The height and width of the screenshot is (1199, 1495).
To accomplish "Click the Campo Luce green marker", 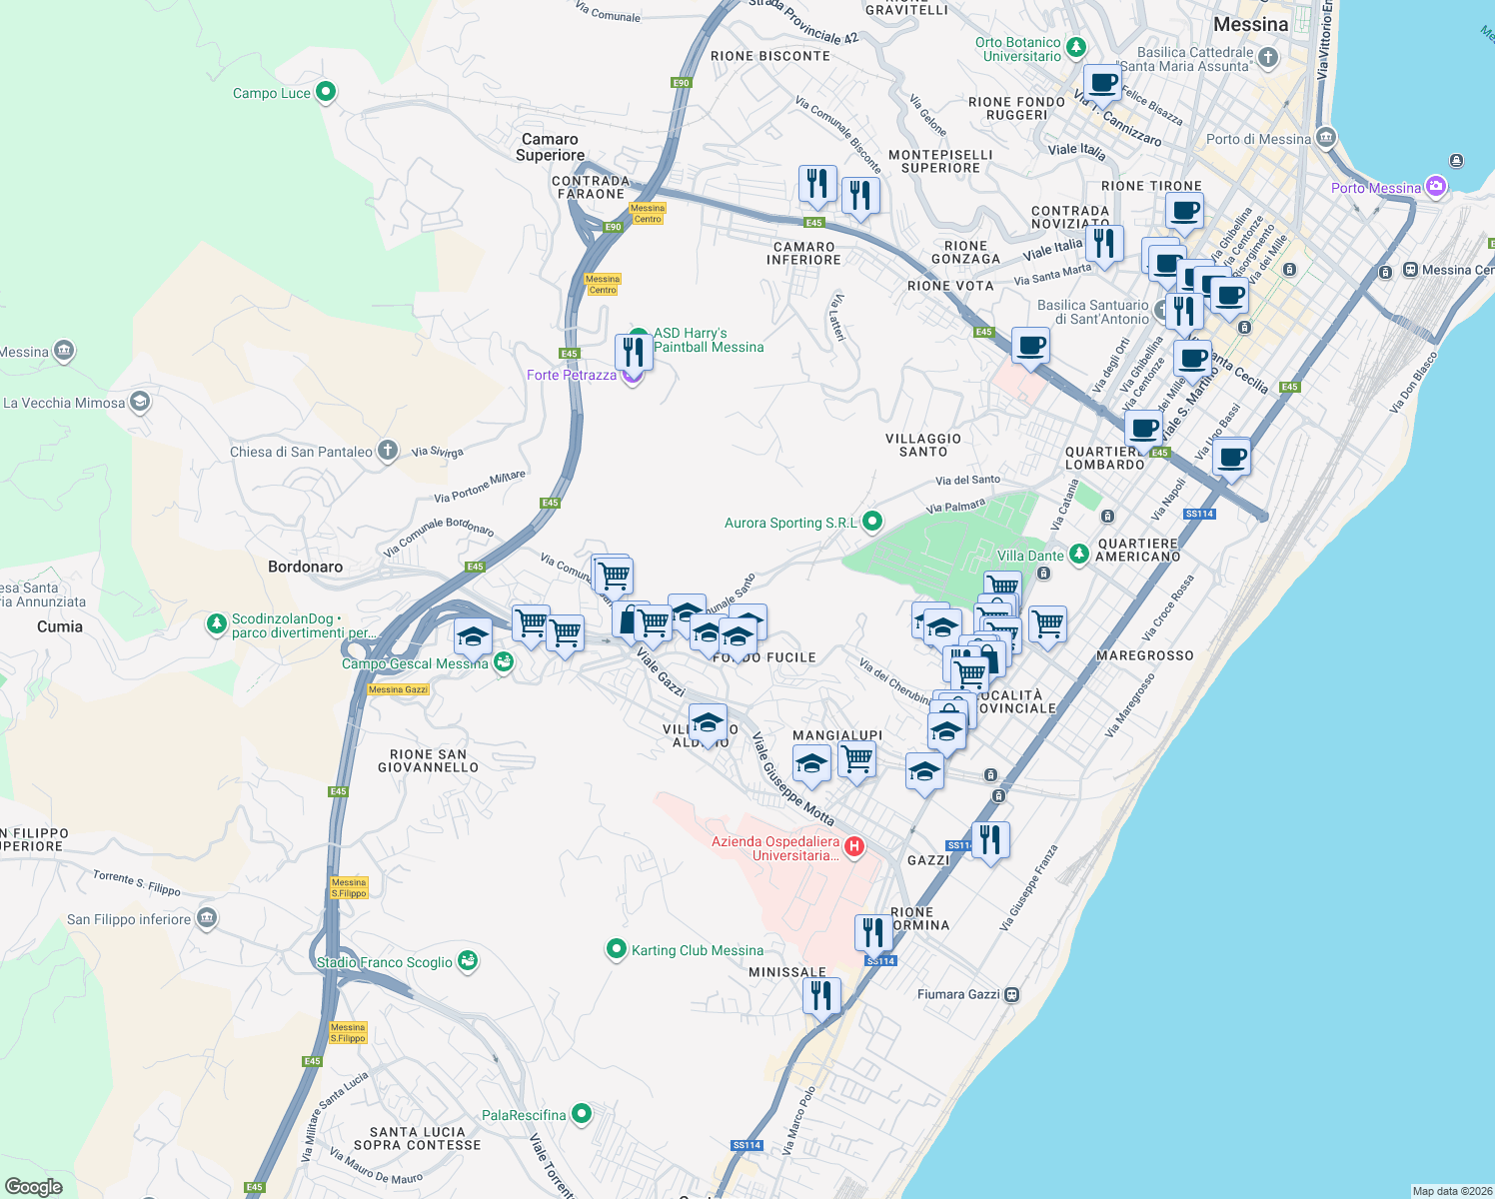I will click(325, 92).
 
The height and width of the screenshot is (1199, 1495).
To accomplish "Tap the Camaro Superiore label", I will click(550, 147).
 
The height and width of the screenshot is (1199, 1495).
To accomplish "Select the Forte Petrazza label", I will click(572, 375).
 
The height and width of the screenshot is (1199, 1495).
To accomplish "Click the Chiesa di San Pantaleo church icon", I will click(388, 451).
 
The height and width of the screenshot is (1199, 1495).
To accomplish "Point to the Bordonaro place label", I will click(305, 567).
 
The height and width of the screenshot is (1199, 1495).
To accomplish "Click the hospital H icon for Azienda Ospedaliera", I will click(854, 847).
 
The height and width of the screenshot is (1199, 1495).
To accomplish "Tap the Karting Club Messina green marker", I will click(617, 949).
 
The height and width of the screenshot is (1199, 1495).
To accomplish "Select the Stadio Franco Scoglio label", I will click(385, 962).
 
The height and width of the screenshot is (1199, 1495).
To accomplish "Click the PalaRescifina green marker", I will click(582, 1113).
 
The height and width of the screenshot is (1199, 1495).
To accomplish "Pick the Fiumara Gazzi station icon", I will click(1012, 994).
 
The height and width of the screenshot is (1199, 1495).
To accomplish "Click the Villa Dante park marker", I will click(1078, 554).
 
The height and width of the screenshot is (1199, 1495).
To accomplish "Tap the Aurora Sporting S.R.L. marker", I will click(872, 521).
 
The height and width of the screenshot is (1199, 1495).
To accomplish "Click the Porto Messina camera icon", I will click(1436, 186).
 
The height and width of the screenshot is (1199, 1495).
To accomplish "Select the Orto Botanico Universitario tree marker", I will click(1075, 46).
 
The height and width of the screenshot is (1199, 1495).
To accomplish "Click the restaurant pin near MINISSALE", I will click(821, 995).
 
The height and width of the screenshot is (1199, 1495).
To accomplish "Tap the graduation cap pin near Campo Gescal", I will click(473, 636).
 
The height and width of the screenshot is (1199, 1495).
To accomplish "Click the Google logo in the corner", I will click(34, 1186).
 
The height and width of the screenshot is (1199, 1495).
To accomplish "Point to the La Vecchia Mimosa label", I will click(64, 403).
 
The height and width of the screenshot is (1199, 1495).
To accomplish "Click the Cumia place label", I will click(60, 626).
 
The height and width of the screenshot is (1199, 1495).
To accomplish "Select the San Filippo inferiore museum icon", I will click(207, 918).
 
